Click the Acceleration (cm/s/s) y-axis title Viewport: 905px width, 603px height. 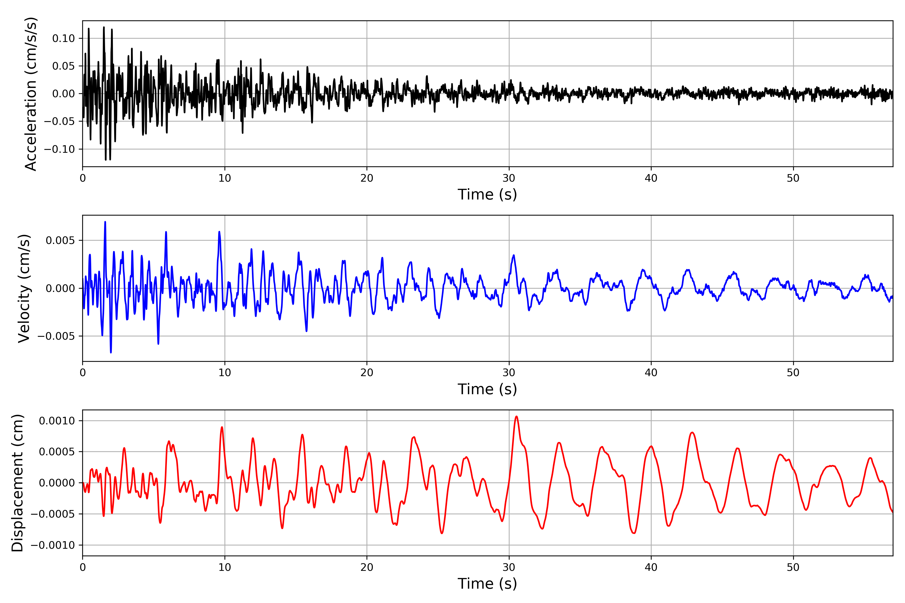click(30, 93)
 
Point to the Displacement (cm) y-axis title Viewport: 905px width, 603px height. click(17, 483)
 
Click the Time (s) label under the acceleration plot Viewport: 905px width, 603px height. click(487, 194)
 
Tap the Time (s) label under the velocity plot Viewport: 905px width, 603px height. click(487, 389)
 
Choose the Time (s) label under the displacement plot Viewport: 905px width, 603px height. click(487, 584)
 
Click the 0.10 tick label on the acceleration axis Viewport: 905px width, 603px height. click(64, 38)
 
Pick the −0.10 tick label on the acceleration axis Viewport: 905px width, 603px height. click(59, 149)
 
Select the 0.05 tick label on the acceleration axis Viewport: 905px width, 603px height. click(64, 66)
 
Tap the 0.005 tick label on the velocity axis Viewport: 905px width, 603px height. click(60, 241)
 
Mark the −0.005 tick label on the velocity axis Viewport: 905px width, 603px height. click(56, 336)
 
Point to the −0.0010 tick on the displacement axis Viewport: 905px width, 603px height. click(53, 545)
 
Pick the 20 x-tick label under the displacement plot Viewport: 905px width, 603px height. click(367, 567)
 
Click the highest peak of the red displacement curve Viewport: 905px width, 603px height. click(516, 417)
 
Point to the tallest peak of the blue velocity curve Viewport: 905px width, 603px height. click(105, 222)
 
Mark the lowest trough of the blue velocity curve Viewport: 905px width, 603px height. click(111, 352)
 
